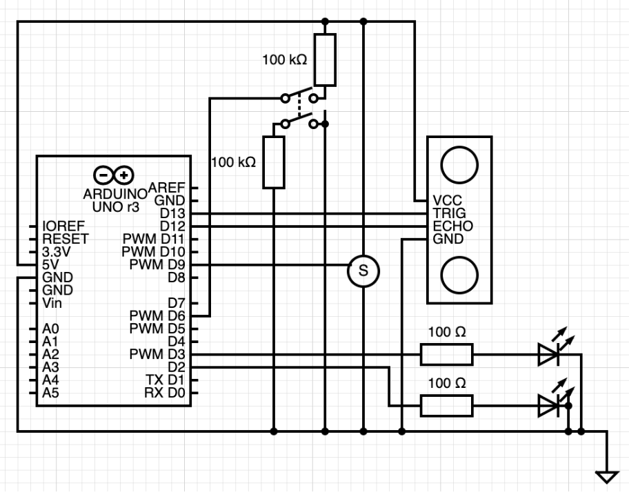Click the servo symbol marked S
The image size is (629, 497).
363,271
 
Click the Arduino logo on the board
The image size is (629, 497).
114,175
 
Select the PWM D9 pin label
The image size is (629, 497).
157,265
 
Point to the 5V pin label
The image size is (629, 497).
50,264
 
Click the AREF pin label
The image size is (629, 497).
166,188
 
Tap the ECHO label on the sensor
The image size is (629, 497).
453,226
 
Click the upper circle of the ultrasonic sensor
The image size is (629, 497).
459,165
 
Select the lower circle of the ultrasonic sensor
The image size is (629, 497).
459,275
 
